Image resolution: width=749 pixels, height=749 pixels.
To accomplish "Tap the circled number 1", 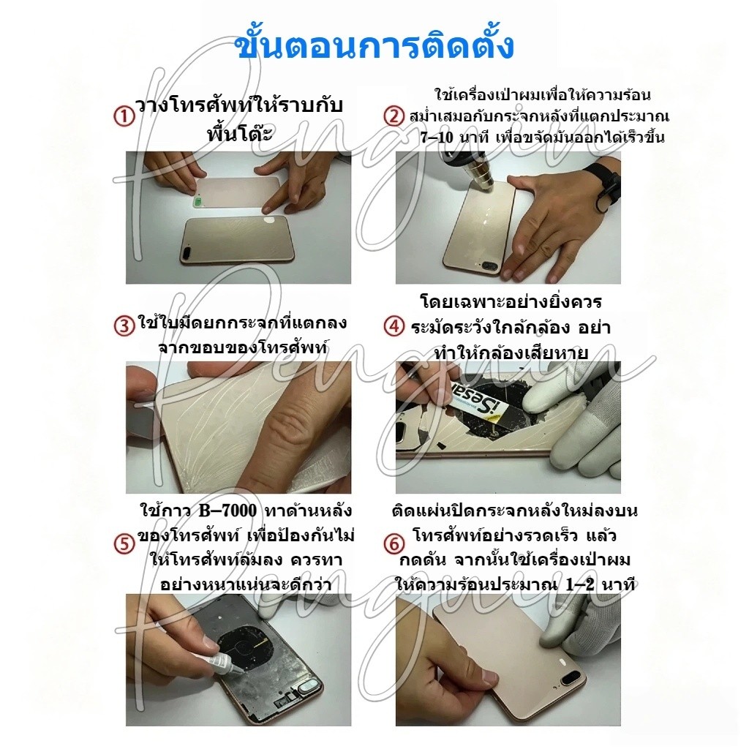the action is point(124,117).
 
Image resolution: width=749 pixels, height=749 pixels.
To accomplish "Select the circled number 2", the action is point(394,116).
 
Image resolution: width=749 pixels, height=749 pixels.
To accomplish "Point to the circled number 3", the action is point(124,325).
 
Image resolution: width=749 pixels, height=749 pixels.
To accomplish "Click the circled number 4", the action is point(394,327).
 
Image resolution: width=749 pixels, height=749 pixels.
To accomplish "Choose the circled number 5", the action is point(124,544).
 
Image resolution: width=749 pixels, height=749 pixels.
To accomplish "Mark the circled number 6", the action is point(394,544).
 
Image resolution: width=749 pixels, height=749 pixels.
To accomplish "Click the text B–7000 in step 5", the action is point(227,511).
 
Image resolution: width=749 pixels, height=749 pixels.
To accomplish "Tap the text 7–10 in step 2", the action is point(437,138).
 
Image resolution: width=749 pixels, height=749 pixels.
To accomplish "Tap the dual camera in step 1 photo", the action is point(188,252).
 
